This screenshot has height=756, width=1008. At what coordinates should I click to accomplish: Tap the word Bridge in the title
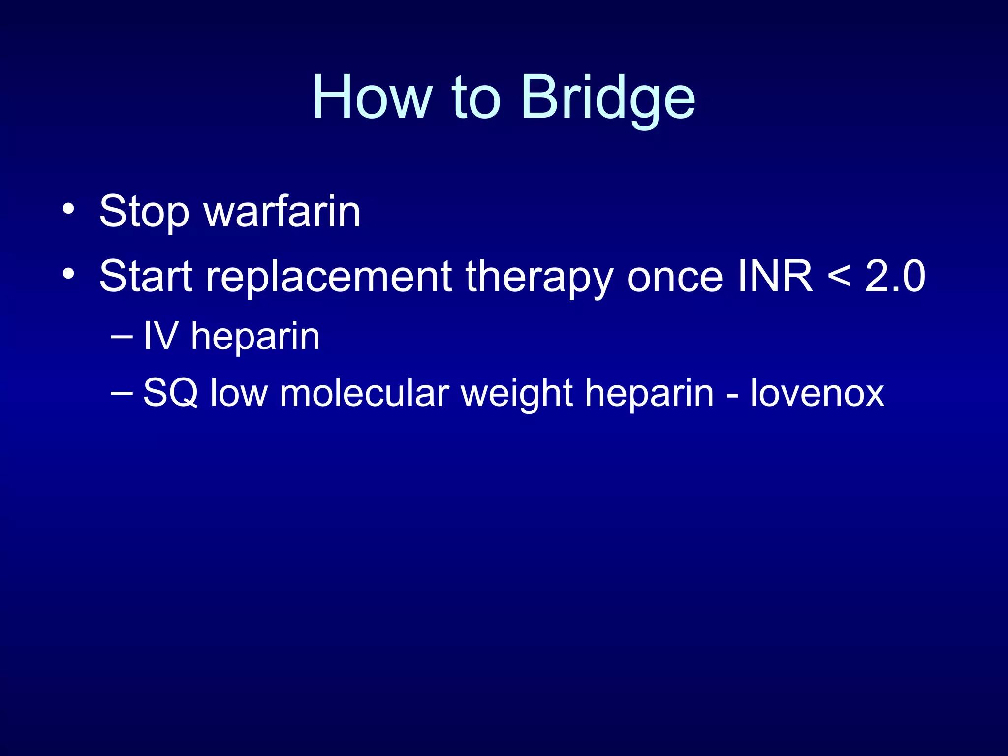point(607,98)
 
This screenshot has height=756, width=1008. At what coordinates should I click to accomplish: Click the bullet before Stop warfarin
point(69,209)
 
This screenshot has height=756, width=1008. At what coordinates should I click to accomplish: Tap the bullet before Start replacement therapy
point(69,274)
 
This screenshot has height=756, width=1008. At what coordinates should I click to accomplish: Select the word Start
point(146,276)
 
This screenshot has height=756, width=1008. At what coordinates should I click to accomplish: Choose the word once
point(675,276)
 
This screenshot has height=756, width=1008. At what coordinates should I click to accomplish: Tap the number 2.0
point(895,276)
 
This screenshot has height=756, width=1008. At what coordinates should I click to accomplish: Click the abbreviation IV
point(160,336)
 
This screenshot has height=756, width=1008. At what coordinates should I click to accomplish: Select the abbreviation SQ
point(170,393)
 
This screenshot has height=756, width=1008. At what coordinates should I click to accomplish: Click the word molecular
point(364,393)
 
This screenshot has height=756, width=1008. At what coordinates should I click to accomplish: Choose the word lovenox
point(817,393)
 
